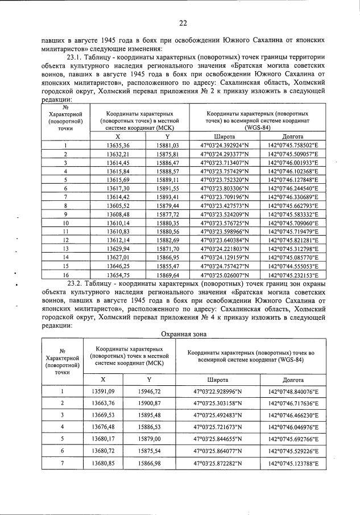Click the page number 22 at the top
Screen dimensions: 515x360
(x=183, y=23)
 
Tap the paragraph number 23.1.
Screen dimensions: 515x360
(x=76, y=57)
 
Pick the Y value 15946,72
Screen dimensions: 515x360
(x=149, y=392)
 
